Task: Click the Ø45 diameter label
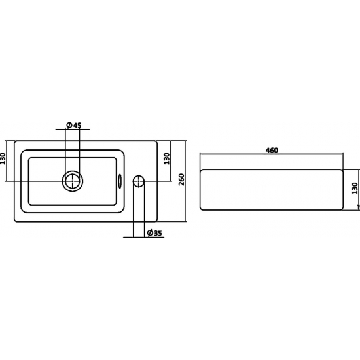(74, 125)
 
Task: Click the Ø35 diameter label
(154, 233)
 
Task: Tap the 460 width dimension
(272, 150)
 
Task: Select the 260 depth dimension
(181, 179)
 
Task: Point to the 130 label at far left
(3, 158)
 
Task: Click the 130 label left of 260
(167, 158)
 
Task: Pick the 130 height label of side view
(355, 189)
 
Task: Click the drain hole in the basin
(72, 181)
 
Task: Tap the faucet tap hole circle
(139, 181)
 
